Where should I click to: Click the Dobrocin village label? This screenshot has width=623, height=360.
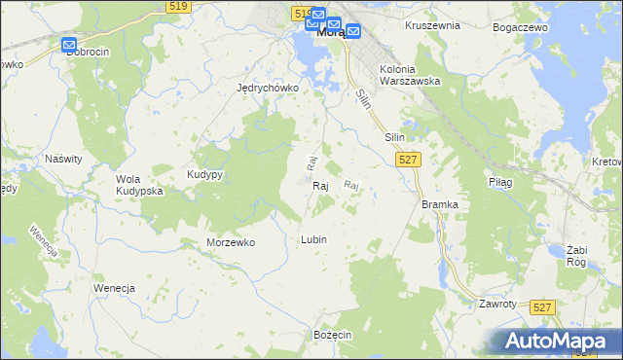87,52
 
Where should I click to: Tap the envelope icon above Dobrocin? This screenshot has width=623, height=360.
69,45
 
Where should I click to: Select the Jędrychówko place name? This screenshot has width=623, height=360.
268,87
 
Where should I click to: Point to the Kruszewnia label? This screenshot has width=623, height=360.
432,25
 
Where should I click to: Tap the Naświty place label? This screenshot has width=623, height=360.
63,157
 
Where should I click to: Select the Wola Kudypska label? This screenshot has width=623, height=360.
139,185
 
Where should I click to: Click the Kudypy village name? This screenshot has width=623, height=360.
205,174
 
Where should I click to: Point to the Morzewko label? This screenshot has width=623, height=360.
231,242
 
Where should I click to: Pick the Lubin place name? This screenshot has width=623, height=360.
313,239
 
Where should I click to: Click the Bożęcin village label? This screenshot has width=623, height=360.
332,334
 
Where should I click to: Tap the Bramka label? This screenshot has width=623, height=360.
439,204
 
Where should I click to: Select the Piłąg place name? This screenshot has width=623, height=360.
499,181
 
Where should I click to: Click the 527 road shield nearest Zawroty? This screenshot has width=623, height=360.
543,306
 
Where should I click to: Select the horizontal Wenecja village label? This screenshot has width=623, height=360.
113,289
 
